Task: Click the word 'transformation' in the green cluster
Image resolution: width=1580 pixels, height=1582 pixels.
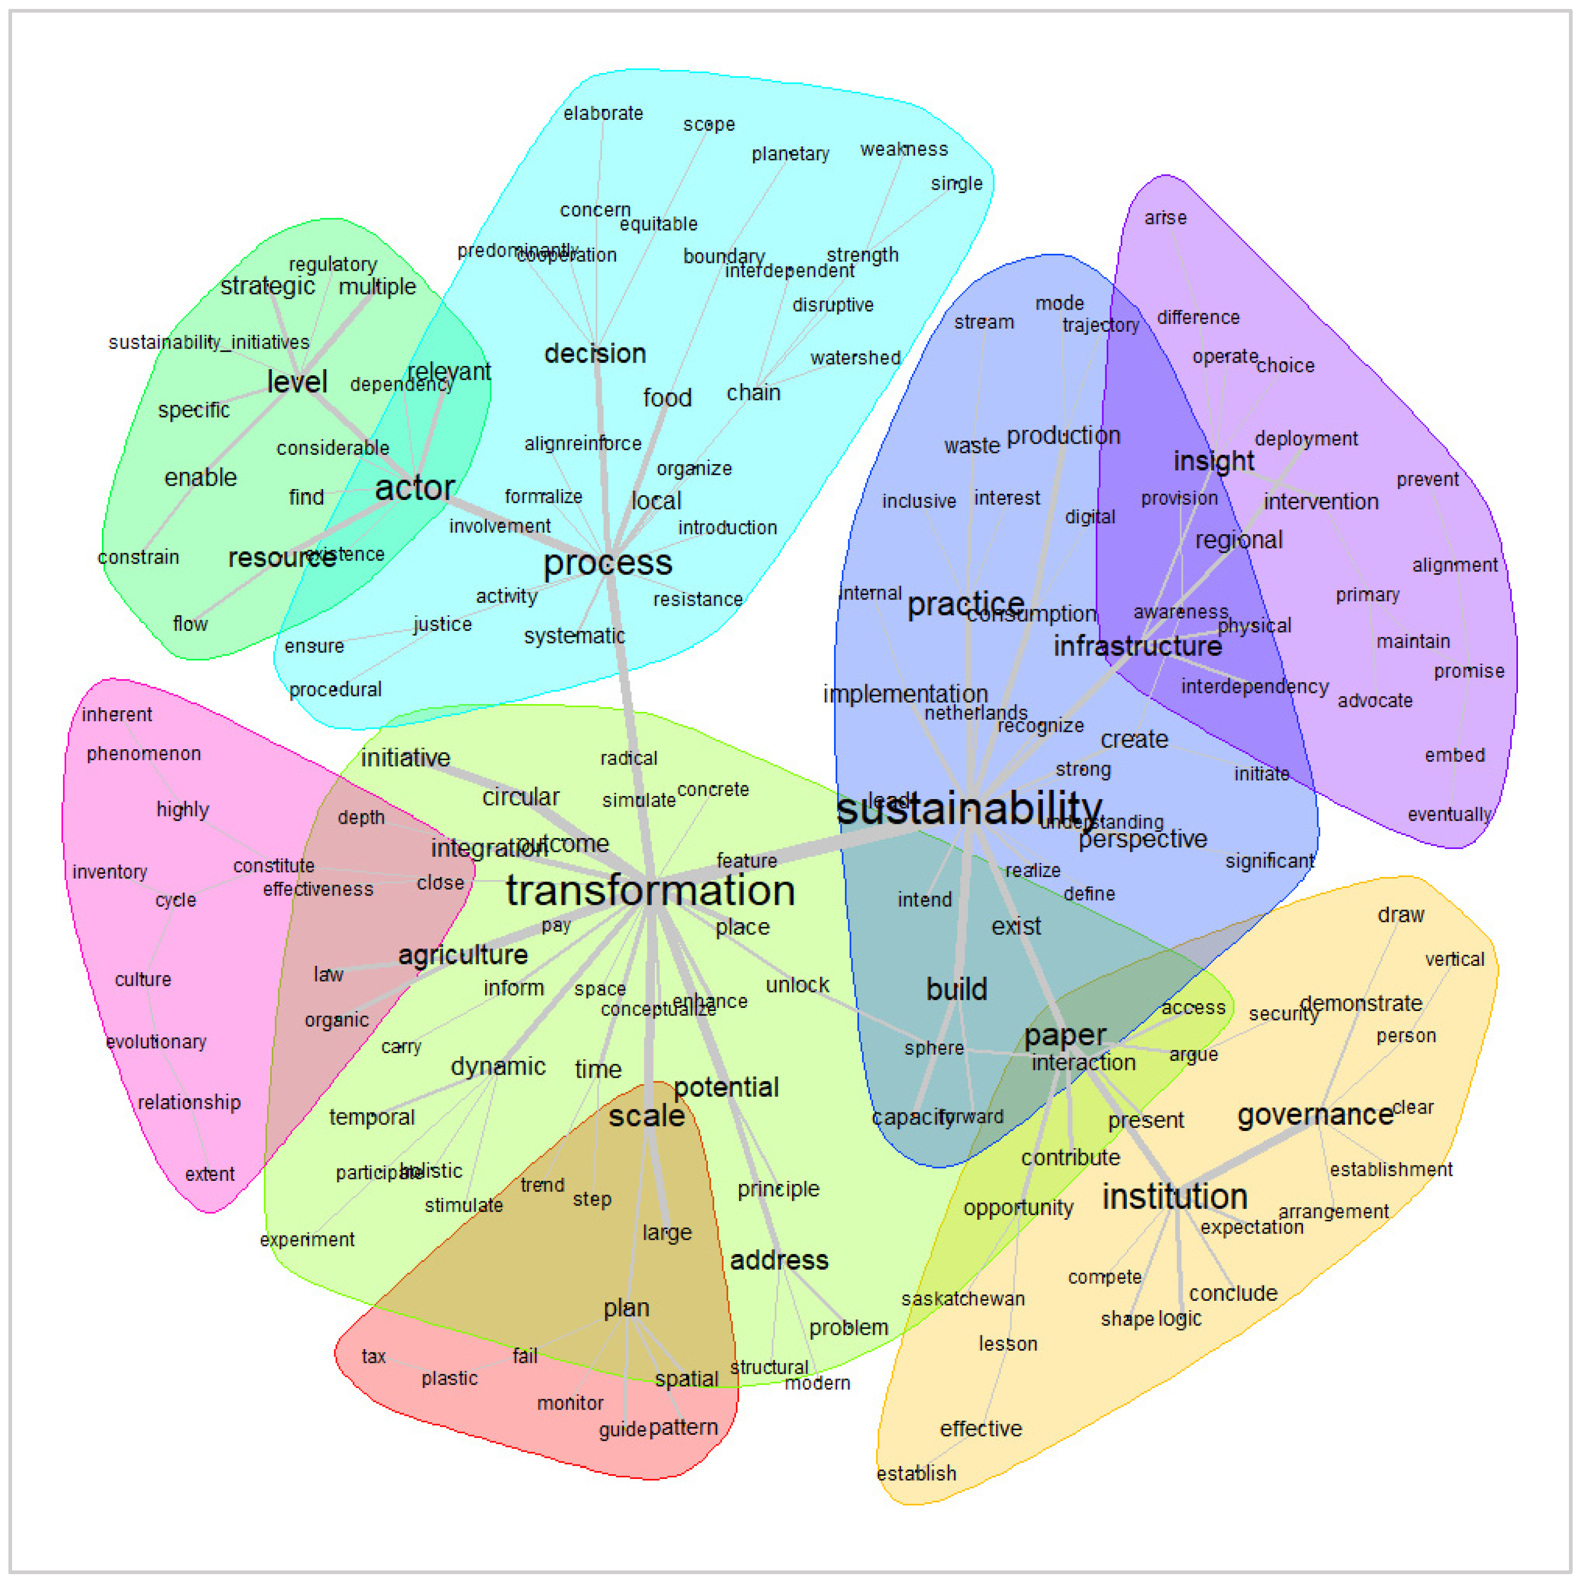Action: click(x=650, y=891)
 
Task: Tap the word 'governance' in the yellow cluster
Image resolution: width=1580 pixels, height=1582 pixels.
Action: click(x=1315, y=1115)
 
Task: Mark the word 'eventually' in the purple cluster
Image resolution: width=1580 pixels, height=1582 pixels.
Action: click(x=1449, y=815)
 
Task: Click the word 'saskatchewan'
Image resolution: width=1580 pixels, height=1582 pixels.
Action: click(x=963, y=1300)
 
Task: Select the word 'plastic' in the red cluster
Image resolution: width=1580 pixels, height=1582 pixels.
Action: click(x=449, y=1379)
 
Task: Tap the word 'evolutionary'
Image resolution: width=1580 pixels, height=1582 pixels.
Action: click(x=156, y=1043)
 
